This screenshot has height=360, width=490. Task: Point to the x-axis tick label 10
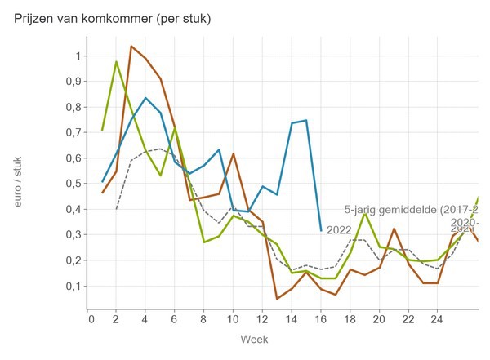tap(233, 319)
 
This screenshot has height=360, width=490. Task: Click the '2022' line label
tap(339, 230)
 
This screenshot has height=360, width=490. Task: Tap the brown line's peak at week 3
tap(131, 46)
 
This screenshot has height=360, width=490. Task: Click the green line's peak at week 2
tap(117, 61)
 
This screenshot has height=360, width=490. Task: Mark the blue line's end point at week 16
tap(321, 230)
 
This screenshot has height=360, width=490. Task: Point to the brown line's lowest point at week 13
tap(277, 299)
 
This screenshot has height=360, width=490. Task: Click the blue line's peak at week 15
tap(306, 120)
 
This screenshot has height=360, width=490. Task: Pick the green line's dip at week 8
tap(204, 242)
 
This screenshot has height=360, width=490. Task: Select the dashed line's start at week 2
tap(117, 209)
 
